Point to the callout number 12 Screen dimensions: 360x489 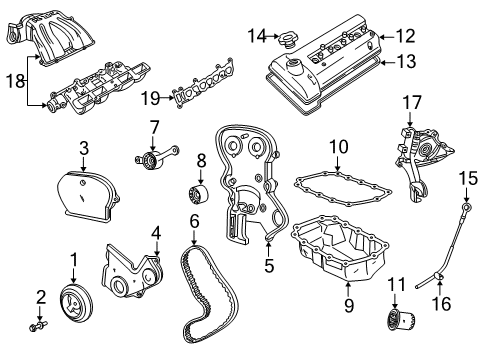click(x=405, y=36)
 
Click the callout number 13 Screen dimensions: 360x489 click(x=405, y=62)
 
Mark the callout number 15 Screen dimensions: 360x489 click(x=463, y=177)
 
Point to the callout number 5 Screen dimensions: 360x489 click(x=268, y=267)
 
